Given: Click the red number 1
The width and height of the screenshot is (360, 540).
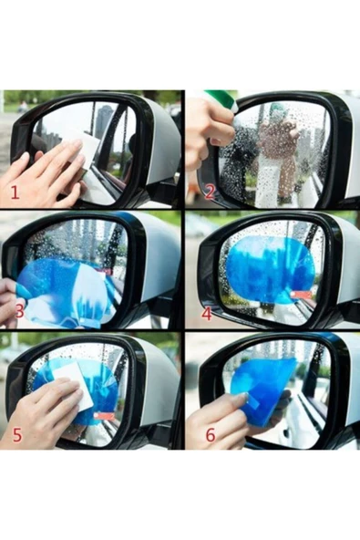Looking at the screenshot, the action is (x=15, y=192).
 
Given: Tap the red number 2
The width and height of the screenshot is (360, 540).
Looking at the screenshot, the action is (x=210, y=192).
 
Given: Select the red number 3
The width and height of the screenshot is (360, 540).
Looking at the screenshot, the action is (x=20, y=311).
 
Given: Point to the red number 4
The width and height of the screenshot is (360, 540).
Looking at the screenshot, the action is (x=207, y=314).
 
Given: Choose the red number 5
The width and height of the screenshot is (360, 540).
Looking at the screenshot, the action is (x=17, y=435).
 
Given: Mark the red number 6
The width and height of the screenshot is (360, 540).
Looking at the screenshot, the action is (x=211, y=435).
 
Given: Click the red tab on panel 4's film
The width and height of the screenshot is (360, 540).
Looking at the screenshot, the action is (x=302, y=295).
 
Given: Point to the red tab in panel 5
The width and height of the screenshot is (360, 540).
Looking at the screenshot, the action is (x=104, y=416).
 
